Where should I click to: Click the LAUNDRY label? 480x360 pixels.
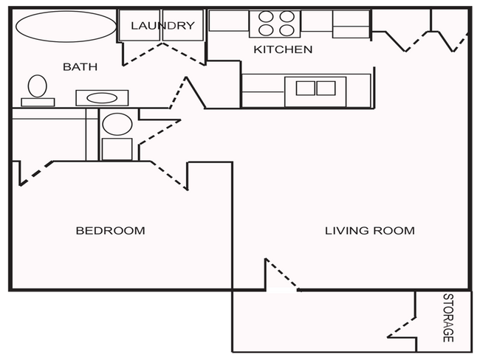(x=162, y=26)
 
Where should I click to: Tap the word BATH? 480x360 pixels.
(x=80, y=67)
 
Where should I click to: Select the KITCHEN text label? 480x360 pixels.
(x=283, y=50)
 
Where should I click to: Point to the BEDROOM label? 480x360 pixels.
(x=110, y=231)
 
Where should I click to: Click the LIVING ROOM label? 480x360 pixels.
(x=369, y=231)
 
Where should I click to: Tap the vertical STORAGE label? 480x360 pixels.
(x=448, y=318)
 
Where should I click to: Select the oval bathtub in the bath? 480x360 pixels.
(x=66, y=27)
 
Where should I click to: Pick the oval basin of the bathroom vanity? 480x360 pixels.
(x=102, y=97)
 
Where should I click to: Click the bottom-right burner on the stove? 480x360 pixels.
(x=286, y=30)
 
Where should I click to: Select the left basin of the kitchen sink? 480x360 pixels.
(x=305, y=89)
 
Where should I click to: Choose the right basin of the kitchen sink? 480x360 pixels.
(x=326, y=89)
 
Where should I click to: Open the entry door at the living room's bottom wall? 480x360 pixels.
(x=281, y=274)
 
